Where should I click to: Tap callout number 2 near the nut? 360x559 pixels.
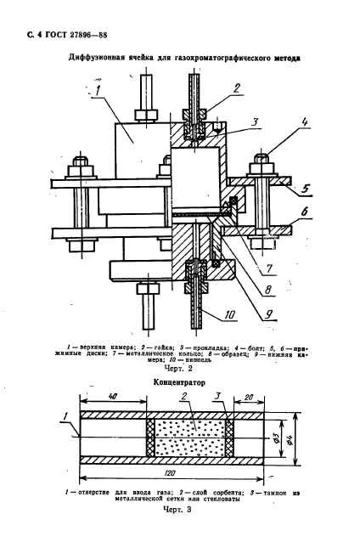tap(236, 88)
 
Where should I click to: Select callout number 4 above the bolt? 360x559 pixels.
tap(305, 122)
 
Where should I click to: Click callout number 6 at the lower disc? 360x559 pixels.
tap(304, 212)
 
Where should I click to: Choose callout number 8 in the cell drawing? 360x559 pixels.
tap(268, 289)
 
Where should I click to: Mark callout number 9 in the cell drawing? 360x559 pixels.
tap(268, 313)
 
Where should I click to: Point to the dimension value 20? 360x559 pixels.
tap(249, 397)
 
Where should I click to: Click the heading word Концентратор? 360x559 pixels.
tap(179, 382)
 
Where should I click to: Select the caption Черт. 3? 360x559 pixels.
tap(177, 510)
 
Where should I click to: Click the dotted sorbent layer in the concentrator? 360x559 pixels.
tap(189, 438)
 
